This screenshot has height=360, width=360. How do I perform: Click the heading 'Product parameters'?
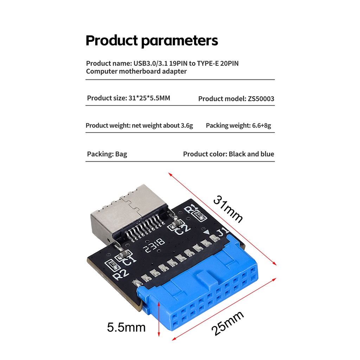coord(152,41)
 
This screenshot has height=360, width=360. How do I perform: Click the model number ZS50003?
coord(261,99)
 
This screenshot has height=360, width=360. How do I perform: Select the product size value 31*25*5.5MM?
coord(149,98)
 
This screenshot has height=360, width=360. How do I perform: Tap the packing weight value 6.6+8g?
coord(262,126)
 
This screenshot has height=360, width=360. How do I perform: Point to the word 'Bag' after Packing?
coord(121,154)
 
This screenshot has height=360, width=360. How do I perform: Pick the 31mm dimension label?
coord(228,209)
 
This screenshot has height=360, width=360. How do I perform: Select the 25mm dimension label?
coord(227,323)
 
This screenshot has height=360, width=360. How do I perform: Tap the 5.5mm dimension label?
coord(126,327)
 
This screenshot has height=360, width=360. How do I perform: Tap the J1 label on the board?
coord(222,232)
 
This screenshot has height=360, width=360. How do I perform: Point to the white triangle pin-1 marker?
coord(207,232)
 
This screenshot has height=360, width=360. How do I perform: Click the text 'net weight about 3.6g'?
coord(162,126)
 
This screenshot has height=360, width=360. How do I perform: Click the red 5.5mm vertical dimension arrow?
coord(159,319)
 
